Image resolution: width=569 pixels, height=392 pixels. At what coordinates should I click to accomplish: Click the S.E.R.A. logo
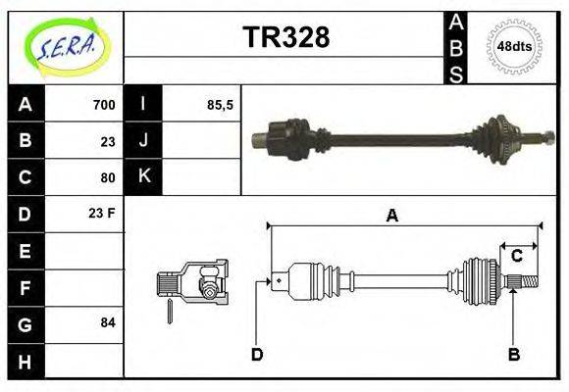[x=66, y=46]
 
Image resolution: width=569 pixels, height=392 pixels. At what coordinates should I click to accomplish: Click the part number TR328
[x=285, y=37]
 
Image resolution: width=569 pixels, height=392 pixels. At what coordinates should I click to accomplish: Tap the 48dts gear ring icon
[x=515, y=46]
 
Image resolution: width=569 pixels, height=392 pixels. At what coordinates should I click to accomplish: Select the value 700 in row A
[x=103, y=105]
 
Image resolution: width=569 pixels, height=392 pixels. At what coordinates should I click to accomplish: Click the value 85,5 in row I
[x=221, y=105]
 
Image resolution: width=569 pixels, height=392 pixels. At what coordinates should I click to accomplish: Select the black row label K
[x=143, y=177]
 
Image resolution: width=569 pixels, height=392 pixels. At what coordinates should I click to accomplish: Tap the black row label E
[x=25, y=251]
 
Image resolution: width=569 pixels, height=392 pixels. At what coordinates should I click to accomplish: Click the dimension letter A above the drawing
[x=391, y=217]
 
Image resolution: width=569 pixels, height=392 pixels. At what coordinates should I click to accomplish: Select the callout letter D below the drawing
[x=257, y=355]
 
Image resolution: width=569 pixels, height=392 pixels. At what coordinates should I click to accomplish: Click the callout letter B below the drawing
[x=513, y=355]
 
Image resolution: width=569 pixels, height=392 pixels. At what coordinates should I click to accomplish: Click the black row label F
[x=25, y=287]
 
